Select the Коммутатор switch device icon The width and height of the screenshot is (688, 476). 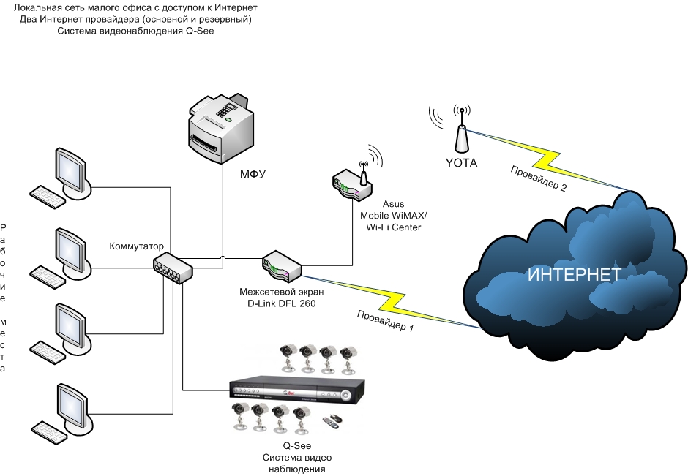click(x=173, y=269)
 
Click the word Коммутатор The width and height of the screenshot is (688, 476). click(x=137, y=246)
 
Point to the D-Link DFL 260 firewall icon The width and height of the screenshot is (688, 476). click(x=282, y=265)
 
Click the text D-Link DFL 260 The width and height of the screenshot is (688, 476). click(x=277, y=303)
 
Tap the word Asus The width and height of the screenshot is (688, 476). click(x=392, y=205)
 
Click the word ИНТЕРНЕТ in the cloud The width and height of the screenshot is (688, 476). click(x=575, y=275)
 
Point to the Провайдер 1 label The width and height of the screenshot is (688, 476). click(x=386, y=322)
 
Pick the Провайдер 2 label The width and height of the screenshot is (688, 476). click(x=538, y=178)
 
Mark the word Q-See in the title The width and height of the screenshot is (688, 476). click(x=197, y=31)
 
